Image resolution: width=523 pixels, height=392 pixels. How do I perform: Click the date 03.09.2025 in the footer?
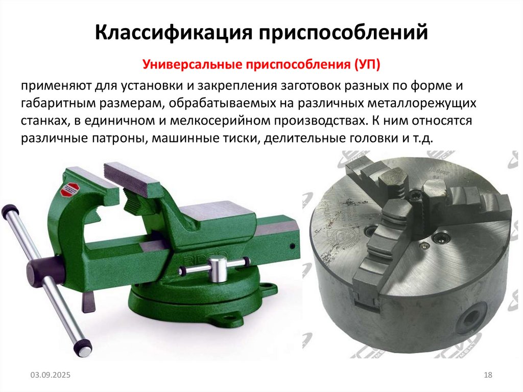pyautogui.click(x=50, y=376)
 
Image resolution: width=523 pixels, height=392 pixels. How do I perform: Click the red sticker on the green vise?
pyautogui.click(x=67, y=190)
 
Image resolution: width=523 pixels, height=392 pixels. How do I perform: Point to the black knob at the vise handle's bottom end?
pyautogui.click(x=83, y=348)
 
